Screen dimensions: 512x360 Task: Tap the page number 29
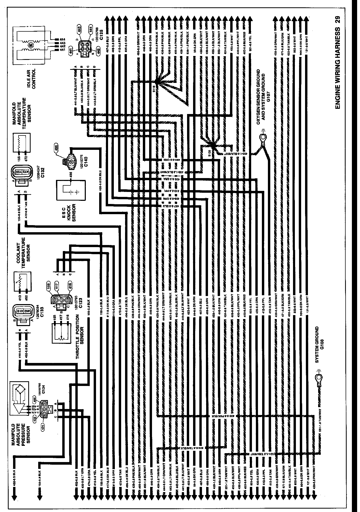pyautogui.click(x=337, y=20)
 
